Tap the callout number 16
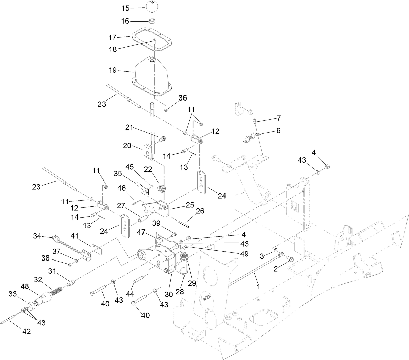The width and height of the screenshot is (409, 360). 125,21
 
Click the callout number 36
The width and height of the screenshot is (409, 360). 182,98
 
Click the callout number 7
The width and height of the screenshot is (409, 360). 279,118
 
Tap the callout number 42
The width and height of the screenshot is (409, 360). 26,331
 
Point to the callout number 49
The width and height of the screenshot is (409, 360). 245,254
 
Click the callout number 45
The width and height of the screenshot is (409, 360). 130,167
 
